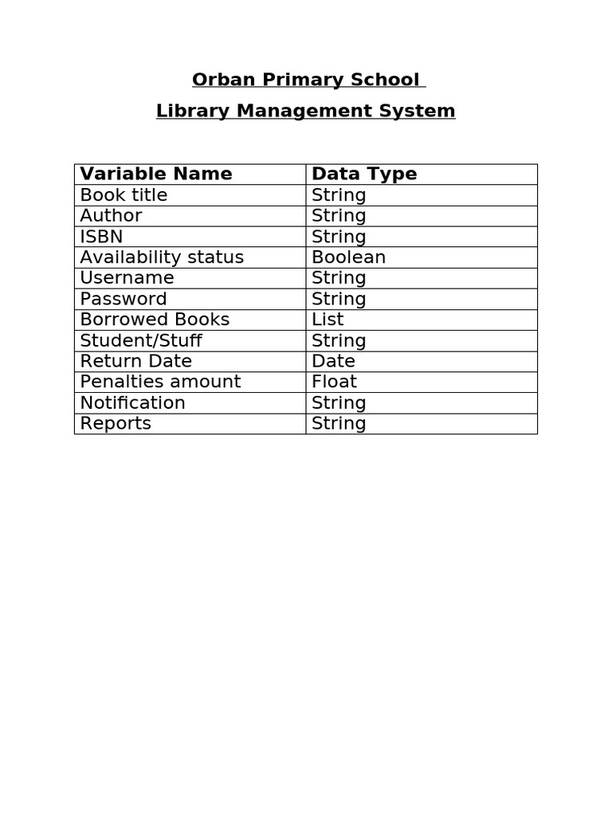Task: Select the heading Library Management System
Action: (x=305, y=111)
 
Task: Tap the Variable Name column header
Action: (x=156, y=174)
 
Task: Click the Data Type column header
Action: (x=364, y=174)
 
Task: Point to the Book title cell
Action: (x=124, y=195)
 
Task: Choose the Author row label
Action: (x=111, y=216)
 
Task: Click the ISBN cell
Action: (x=101, y=237)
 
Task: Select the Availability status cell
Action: (x=162, y=257)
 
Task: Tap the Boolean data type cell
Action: (x=348, y=257)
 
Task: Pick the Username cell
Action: (x=127, y=278)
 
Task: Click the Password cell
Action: (x=124, y=299)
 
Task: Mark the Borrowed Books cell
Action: (x=155, y=320)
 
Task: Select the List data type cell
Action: (x=328, y=320)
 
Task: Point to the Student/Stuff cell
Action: (x=141, y=340)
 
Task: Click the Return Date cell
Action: (x=135, y=361)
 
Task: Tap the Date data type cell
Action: (x=333, y=361)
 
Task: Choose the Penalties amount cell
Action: (x=160, y=382)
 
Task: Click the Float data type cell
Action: (x=334, y=382)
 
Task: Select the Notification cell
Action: (x=132, y=402)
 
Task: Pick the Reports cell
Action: (x=116, y=423)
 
